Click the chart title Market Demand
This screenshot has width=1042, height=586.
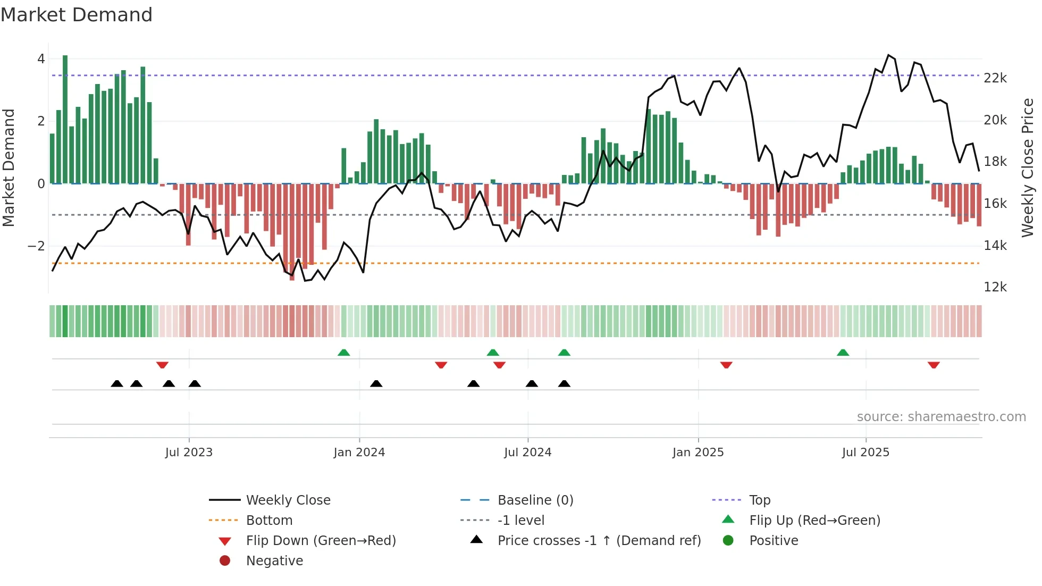(77, 15)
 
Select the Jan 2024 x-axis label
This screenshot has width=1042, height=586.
(359, 453)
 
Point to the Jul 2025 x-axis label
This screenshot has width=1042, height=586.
(865, 453)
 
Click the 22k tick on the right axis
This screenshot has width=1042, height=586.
(995, 78)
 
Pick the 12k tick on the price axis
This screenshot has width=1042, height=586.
(995, 287)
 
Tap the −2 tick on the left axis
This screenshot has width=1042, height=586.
(36, 246)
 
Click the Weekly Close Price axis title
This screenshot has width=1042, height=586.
(1028, 167)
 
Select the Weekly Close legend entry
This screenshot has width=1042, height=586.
(288, 500)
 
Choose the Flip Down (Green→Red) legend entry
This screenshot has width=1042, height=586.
(321, 541)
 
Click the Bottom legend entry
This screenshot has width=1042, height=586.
(269, 521)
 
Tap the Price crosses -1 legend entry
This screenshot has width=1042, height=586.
(599, 541)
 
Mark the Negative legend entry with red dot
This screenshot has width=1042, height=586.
(274, 561)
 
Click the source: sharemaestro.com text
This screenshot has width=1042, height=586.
(941, 417)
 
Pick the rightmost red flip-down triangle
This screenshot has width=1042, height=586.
(934, 365)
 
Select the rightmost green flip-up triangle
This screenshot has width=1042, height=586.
(843, 353)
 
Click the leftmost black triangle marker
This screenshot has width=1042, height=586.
(117, 383)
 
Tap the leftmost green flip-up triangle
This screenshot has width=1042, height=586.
(344, 353)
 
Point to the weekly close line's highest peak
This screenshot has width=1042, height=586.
(888, 55)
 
